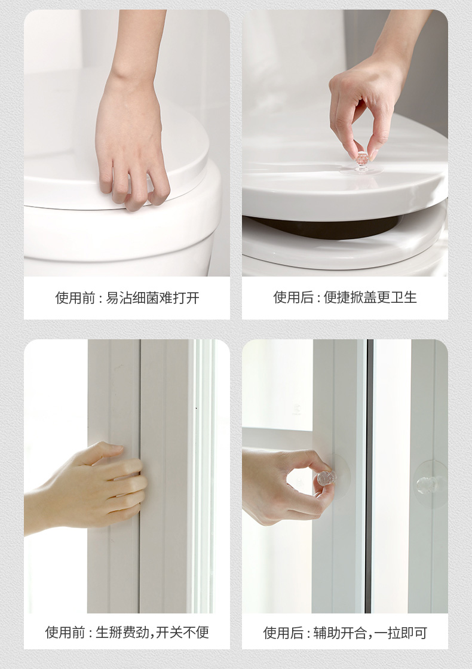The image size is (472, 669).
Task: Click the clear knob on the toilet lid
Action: point(362,161)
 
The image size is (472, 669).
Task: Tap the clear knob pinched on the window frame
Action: point(326,478)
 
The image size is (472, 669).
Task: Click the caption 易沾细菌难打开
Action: point(152,298)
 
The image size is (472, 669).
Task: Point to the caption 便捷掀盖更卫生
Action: point(370,297)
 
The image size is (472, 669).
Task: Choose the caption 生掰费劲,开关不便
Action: point(152,633)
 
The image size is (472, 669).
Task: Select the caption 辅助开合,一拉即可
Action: point(370,633)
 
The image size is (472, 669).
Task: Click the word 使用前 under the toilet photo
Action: point(75,298)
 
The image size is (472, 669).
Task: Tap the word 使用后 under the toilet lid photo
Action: point(293,297)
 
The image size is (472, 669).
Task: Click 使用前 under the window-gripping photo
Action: point(65,633)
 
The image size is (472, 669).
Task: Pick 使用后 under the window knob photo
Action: point(283,633)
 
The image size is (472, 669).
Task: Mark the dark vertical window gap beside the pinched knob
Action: point(369,476)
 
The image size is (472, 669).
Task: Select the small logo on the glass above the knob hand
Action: point(296,410)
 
